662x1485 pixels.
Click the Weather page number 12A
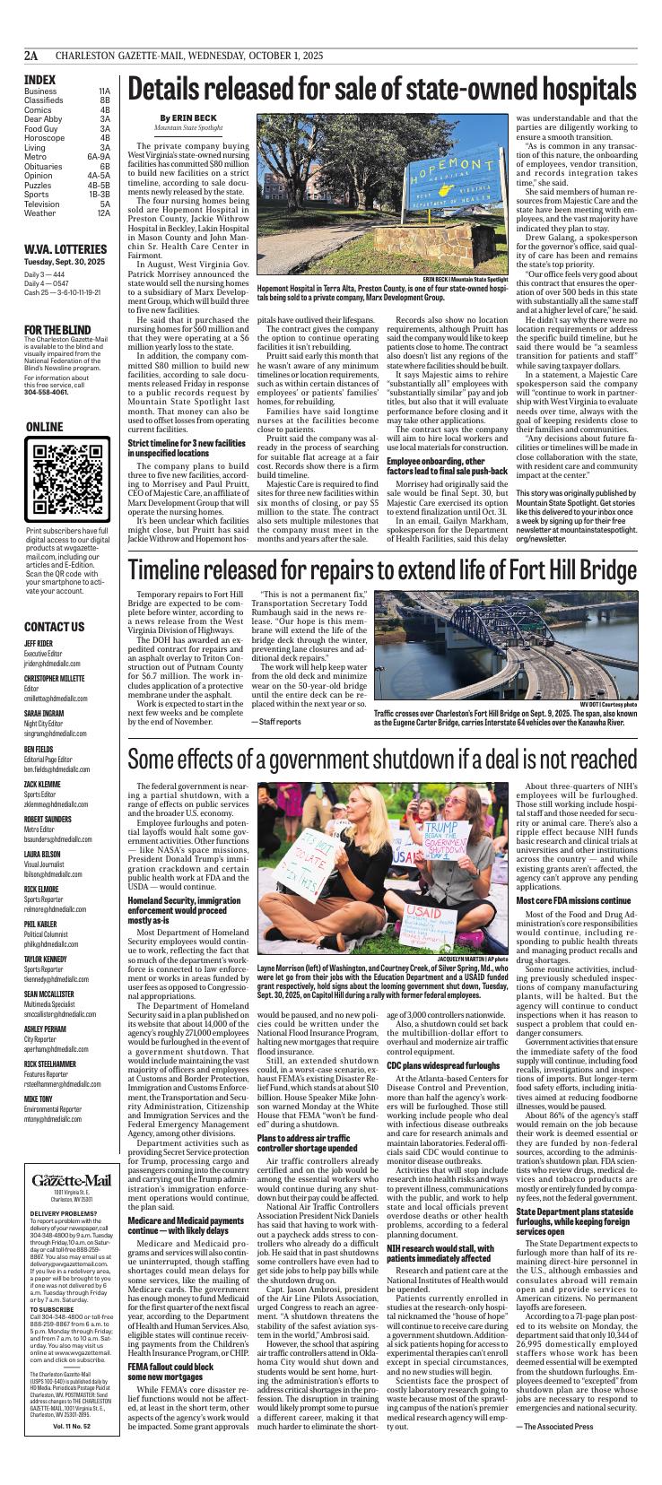click(x=103, y=213)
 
